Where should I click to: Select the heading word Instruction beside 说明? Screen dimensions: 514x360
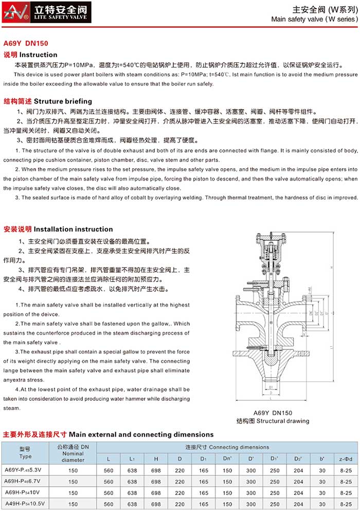(x=39, y=55)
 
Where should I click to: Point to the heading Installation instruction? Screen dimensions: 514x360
(x=73, y=229)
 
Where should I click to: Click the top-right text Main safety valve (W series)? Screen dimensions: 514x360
(x=314, y=19)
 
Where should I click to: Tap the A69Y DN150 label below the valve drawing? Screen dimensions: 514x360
(x=273, y=413)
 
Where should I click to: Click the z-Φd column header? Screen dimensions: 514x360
(x=346, y=457)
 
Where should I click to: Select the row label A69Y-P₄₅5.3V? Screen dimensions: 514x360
(x=25, y=469)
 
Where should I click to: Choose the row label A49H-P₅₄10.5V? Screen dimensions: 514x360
(x=25, y=504)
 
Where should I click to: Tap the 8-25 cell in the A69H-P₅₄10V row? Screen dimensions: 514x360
(x=346, y=493)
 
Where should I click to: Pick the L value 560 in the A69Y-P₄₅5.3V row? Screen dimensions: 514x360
(x=109, y=469)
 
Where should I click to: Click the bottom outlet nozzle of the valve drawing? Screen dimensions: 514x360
(x=271, y=380)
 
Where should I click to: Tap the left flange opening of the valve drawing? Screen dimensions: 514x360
(x=238, y=313)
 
